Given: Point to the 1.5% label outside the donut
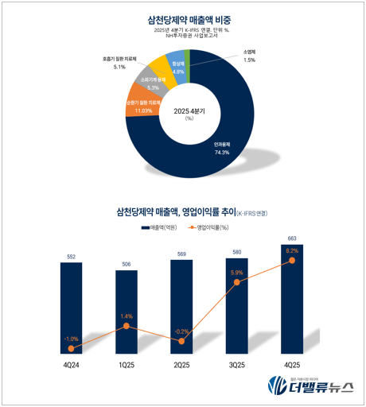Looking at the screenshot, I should (x=250, y=60).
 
